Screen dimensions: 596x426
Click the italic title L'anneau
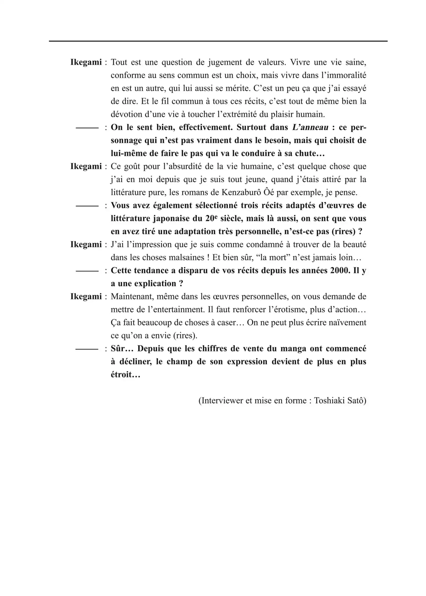click(310, 127)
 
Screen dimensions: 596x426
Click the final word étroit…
click(125, 375)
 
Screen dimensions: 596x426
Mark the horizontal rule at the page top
click(218, 41)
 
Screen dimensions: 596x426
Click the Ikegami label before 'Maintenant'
click(86, 296)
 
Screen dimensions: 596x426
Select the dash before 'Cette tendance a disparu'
click(87, 271)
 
